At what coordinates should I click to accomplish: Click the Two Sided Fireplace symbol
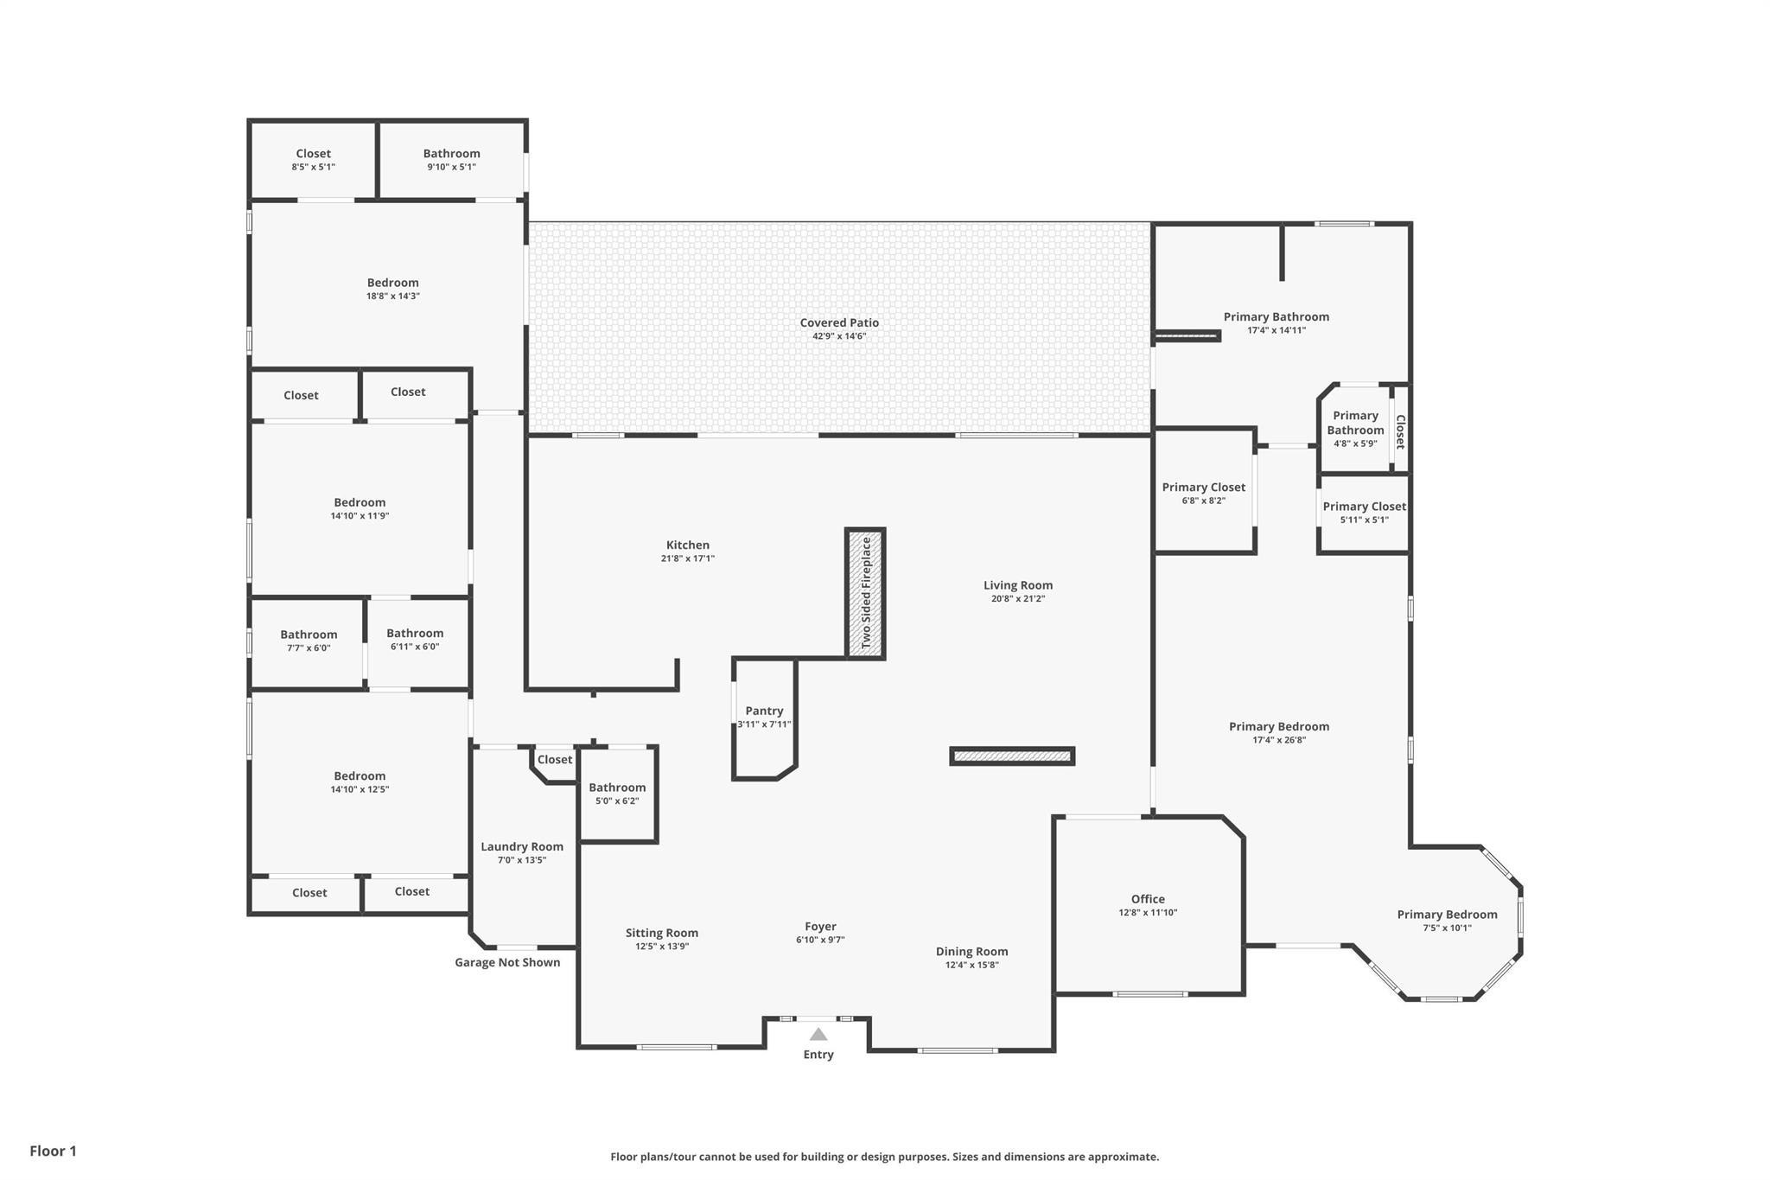click(865, 593)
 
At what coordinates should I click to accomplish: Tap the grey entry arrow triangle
click(818, 1034)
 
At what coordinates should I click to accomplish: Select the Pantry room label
click(764, 711)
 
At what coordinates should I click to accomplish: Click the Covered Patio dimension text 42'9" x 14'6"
click(839, 336)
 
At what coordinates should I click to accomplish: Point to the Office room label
click(1148, 899)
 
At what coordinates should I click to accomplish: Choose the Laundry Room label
click(522, 846)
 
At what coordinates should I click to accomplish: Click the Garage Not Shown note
click(507, 962)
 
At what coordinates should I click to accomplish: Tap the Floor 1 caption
click(53, 1151)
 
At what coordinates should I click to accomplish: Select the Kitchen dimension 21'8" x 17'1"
click(687, 558)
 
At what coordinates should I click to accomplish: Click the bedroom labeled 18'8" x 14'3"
click(392, 283)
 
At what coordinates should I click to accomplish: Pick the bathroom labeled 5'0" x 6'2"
click(617, 788)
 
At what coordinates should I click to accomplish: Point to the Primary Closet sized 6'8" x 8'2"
click(1203, 488)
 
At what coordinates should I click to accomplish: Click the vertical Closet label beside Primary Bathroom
click(1401, 431)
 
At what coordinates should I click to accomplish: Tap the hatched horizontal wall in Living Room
click(1012, 756)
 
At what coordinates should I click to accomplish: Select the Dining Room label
click(971, 952)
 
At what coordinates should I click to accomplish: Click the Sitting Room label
click(661, 933)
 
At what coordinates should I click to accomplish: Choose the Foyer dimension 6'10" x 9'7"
click(820, 940)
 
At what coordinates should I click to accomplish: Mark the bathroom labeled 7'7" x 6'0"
click(309, 635)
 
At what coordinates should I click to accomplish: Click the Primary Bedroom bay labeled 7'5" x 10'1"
click(1447, 915)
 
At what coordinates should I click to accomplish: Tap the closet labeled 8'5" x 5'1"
click(313, 154)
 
